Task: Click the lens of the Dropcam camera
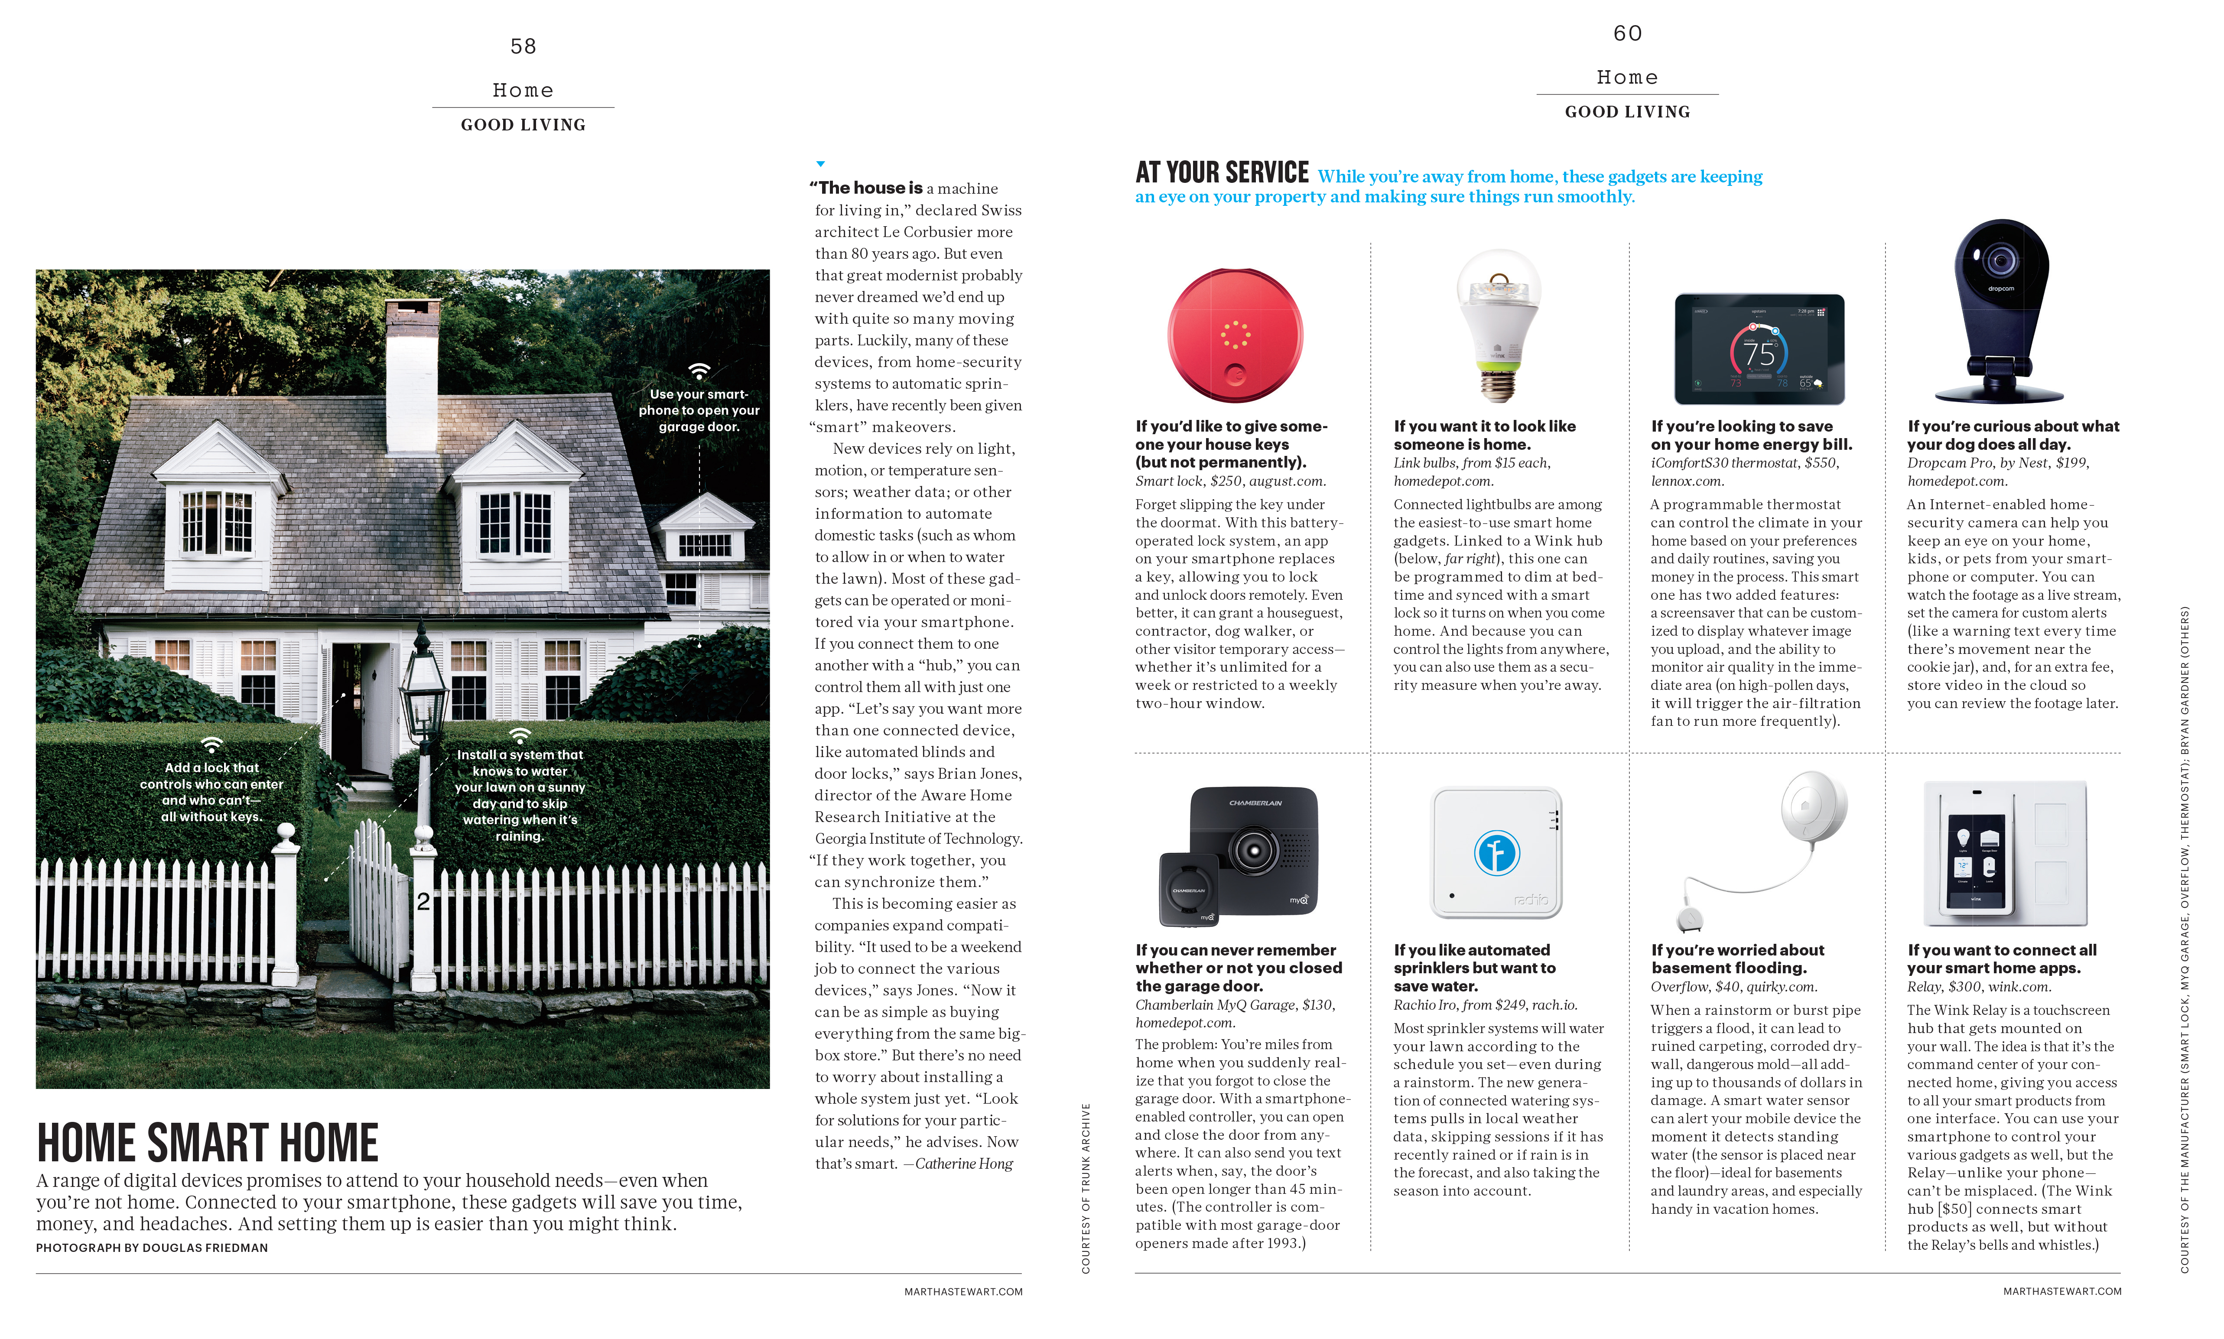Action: [2000, 261]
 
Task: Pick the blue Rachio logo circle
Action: [1497, 853]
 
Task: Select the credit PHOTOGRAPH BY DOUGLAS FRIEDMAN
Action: [152, 1248]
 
